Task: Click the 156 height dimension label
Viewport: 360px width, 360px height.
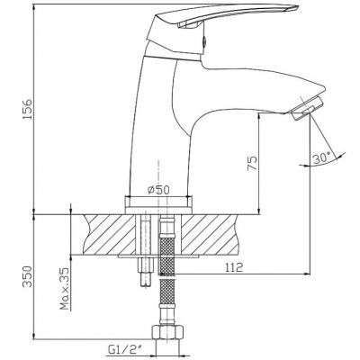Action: tap(28, 109)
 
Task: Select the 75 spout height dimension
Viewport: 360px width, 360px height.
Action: tap(253, 163)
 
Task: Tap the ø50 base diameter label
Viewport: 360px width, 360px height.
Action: tap(158, 190)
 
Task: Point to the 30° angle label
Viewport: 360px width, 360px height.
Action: tap(321, 158)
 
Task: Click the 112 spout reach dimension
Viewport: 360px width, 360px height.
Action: tap(234, 267)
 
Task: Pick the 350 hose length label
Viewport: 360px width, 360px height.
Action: tap(28, 276)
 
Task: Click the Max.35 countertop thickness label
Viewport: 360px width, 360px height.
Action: tap(65, 288)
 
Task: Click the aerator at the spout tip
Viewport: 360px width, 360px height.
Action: tap(307, 109)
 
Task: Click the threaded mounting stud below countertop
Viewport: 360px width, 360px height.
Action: tap(146, 272)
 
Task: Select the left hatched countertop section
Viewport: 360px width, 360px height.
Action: tap(110, 234)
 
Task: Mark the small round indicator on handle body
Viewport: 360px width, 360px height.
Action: tap(204, 41)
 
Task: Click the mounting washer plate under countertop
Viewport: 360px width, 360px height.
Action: tap(158, 256)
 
